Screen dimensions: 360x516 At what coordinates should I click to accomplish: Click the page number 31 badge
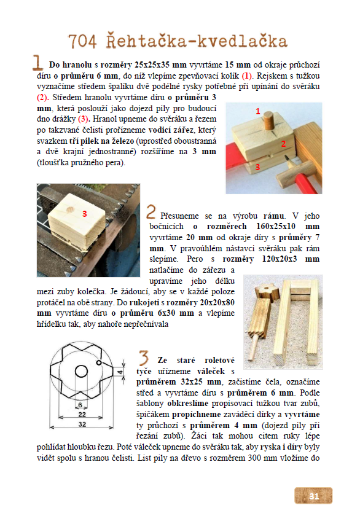(x=313, y=496)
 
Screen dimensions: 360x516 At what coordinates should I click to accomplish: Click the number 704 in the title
(x=82, y=42)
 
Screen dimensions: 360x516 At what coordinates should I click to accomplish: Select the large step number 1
(x=37, y=63)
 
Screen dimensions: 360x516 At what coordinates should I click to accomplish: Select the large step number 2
(x=151, y=211)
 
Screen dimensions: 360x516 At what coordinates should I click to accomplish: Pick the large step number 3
(x=144, y=358)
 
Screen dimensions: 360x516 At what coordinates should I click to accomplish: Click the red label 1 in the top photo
(x=258, y=112)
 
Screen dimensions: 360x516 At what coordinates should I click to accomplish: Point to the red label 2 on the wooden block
(x=283, y=144)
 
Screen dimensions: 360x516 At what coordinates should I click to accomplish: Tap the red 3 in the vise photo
(x=85, y=214)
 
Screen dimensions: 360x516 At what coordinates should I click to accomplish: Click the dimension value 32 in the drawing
(x=82, y=424)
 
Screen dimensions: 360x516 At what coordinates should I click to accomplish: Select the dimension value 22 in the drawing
(x=82, y=414)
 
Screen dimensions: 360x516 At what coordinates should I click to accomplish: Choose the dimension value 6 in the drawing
(x=80, y=405)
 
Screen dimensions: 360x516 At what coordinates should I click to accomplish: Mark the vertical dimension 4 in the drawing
(x=120, y=372)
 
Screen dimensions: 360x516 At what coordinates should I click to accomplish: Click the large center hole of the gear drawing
(x=81, y=372)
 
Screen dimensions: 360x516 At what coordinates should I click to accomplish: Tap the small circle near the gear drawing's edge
(x=99, y=362)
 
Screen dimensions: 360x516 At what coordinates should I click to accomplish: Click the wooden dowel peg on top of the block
(x=268, y=122)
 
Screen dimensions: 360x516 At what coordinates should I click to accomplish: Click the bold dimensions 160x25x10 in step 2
(x=276, y=227)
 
